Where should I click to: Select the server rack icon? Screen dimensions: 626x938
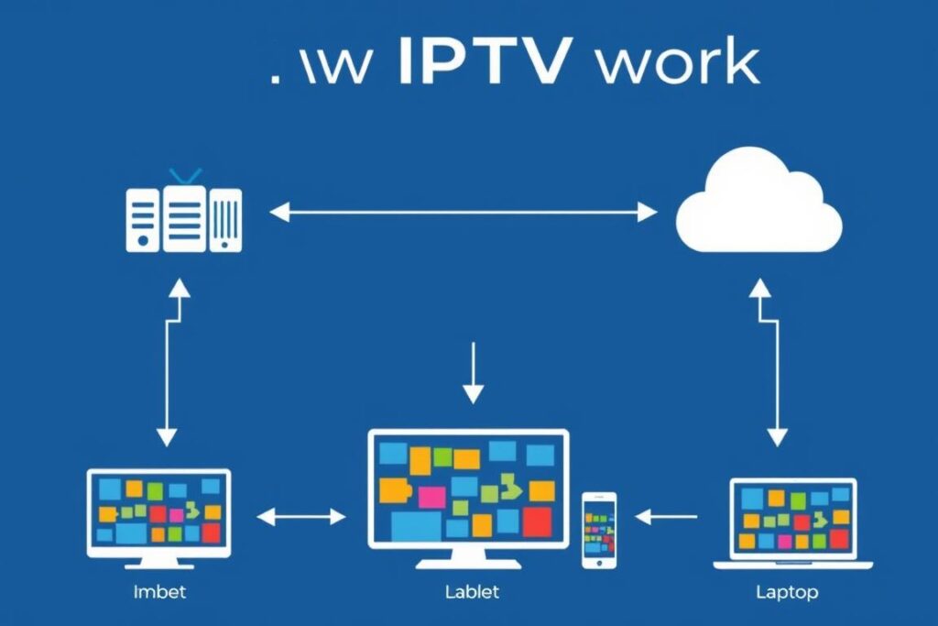183,219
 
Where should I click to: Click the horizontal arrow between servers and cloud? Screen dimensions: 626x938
464,214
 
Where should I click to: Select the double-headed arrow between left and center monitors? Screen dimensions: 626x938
301,517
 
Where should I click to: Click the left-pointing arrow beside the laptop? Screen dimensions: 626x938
666,517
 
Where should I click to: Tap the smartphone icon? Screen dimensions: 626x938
599,530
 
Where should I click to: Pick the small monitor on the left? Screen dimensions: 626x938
158,511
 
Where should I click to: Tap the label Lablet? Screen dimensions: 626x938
472,591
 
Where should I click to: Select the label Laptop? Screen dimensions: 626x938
787,591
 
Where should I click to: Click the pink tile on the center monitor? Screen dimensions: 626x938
431,497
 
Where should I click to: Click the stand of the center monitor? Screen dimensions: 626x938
468,556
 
